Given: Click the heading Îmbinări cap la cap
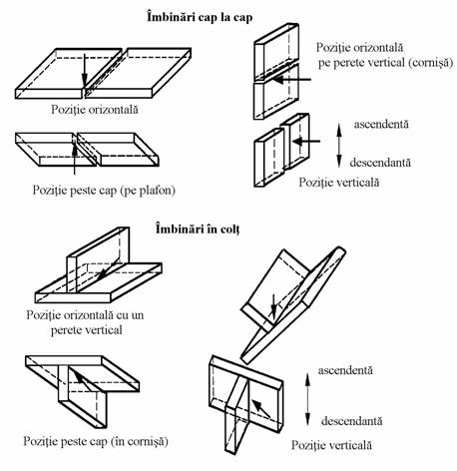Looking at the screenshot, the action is pos(200,17).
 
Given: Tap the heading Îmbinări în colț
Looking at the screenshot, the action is pos(198,230).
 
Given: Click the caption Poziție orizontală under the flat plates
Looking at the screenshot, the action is pos(95,110).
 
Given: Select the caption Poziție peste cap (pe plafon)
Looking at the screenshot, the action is pos(104,191).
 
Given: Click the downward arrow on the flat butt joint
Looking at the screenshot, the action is pos(84,70).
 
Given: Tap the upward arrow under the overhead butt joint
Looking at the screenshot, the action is pos(75,159).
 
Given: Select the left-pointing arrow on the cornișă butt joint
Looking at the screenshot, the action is pos(292,80).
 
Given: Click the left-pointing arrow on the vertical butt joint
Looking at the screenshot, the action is pos(306,142).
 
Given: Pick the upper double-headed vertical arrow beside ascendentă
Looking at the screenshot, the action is pos(339,146).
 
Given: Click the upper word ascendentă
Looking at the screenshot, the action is pos(381,124).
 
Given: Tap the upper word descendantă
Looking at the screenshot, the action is pos(380,163).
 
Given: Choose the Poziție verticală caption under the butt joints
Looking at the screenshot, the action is pos(339,182).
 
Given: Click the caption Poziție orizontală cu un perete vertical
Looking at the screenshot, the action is pos(85,322).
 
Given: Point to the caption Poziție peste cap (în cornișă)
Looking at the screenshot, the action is pos(96,441).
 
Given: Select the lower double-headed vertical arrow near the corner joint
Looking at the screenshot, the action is pos(307,400).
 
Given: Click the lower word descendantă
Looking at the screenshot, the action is pos(351,421).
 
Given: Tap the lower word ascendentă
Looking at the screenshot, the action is pos(345,370).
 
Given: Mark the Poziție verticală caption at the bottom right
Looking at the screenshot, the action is pos(331,445).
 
